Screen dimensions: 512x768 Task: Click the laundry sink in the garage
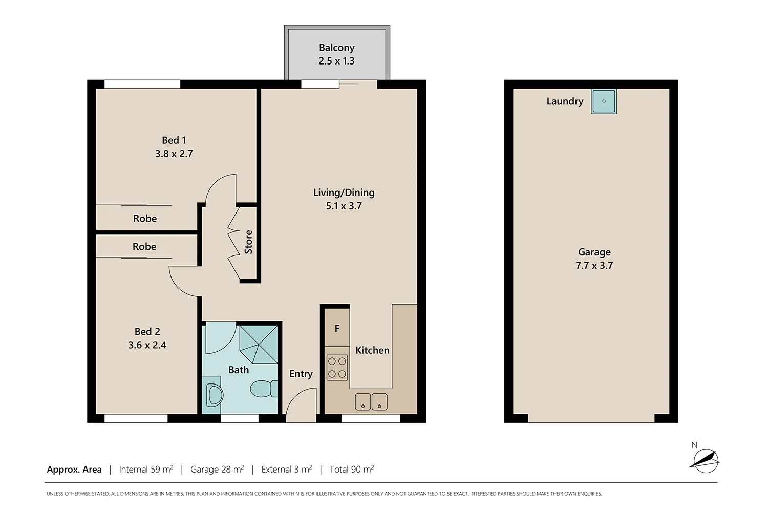(604, 101)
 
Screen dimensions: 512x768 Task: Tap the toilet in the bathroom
(264, 389)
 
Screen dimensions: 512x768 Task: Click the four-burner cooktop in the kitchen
(337, 368)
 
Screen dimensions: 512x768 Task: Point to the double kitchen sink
(371, 401)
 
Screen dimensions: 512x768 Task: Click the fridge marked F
(337, 329)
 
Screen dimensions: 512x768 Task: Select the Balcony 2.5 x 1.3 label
(336, 54)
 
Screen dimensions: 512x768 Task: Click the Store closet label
(248, 242)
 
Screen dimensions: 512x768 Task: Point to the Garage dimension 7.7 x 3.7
(594, 265)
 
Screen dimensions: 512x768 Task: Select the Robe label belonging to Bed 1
(145, 219)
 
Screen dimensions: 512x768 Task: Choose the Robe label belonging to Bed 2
(144, 247)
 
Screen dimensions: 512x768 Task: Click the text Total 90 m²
(351, 469)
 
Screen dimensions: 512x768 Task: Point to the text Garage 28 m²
(217, 469)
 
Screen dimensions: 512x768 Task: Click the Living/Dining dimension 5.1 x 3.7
(344, 206)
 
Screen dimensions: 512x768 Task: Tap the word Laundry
(565, 101)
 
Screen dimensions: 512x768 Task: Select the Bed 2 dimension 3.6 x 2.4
(147, 345)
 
